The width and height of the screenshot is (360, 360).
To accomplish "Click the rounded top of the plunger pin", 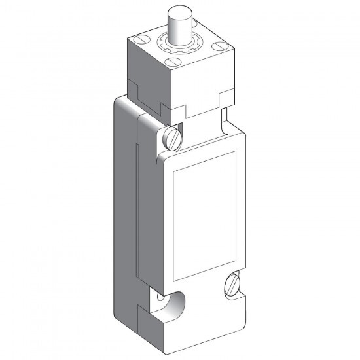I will pos(179,12).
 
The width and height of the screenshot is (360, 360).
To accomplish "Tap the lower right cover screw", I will pos(234,283).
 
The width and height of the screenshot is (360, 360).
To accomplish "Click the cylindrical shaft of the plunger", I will pos(179,29).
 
